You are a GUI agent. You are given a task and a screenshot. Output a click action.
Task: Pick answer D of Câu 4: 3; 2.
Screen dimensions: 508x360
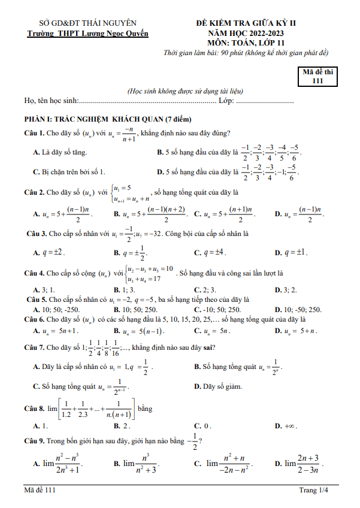coord(285,289)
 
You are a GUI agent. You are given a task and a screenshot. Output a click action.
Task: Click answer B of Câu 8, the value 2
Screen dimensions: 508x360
coord(122,426)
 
